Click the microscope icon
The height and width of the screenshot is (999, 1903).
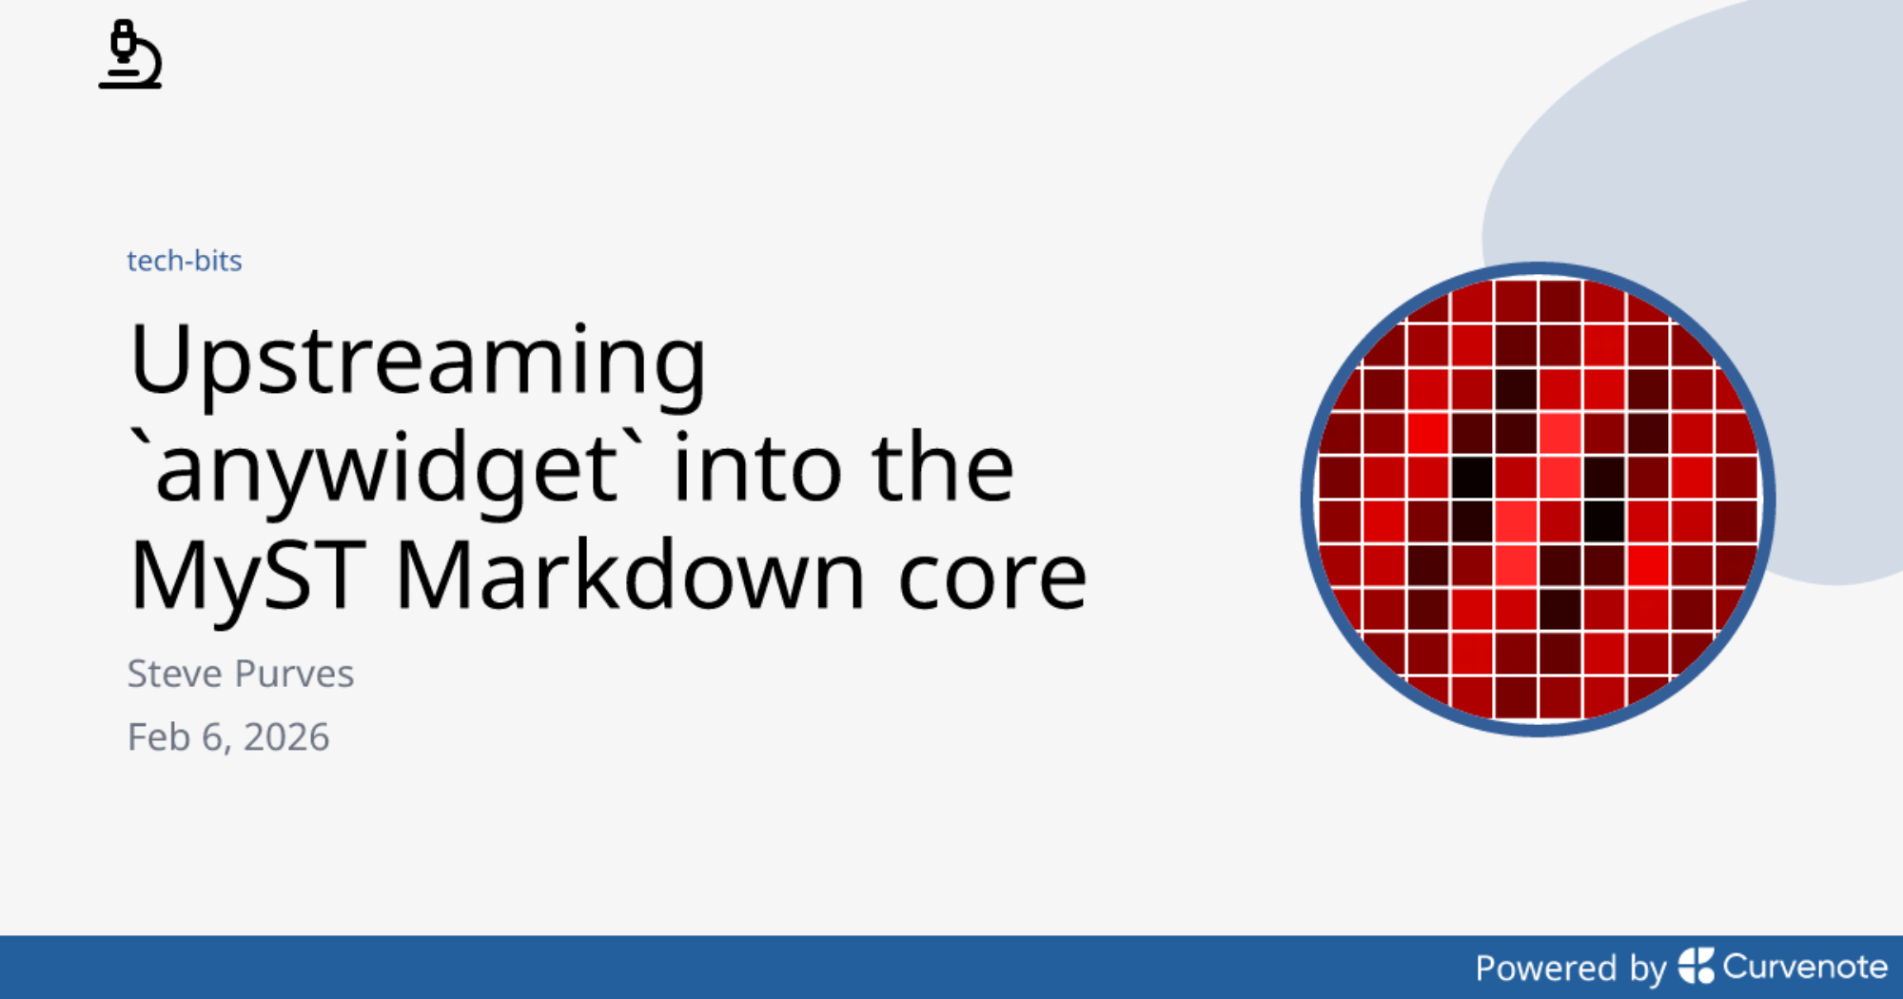pos(130,54)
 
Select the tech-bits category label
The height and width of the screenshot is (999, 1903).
pos(185,261)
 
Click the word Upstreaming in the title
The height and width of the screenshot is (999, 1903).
pos(418,362)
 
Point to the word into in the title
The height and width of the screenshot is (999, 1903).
pos(756,467)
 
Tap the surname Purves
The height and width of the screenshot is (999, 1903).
pos(294,674)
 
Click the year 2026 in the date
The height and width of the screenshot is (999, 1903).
pos(286,737)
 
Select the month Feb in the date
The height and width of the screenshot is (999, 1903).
pos(159,737)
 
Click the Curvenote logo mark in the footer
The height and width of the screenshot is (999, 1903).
pos(1696,966)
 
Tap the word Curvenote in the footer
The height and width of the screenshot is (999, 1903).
pos(1805,967)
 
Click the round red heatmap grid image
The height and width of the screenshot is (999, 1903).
pos(1538,499)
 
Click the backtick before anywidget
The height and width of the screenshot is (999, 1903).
pos(140,442)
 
